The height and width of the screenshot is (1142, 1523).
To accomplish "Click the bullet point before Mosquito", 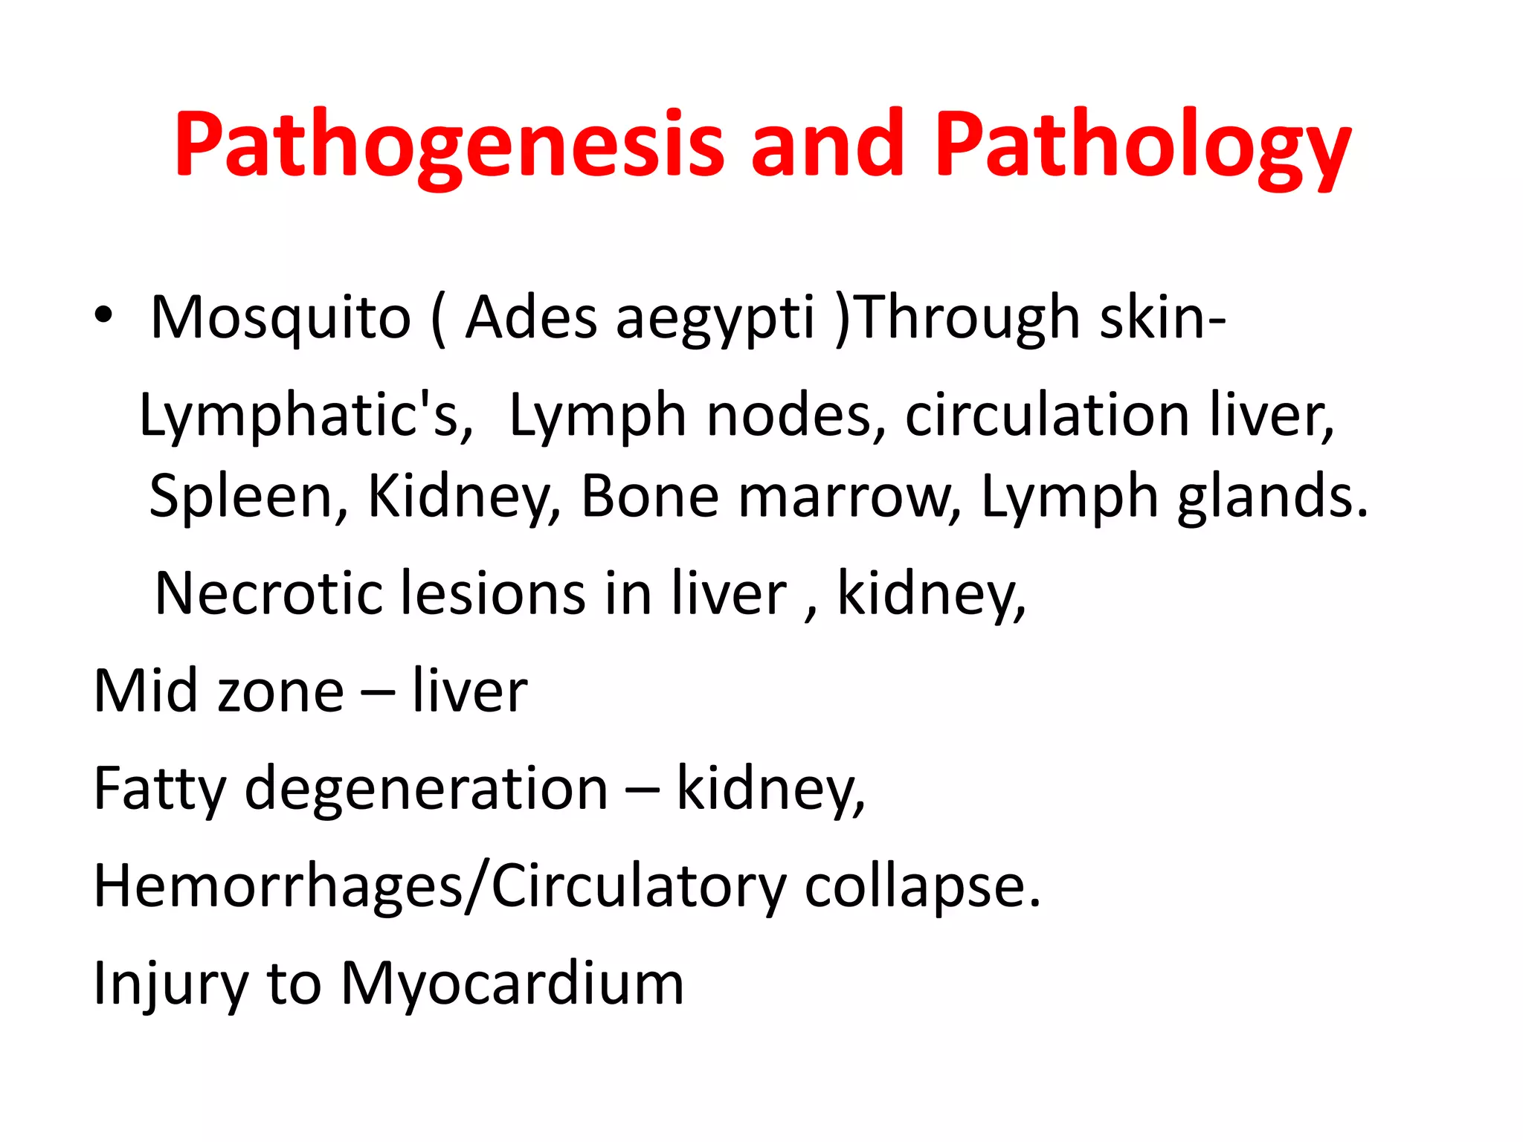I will (103, 316).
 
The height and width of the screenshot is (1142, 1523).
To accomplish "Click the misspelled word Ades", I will (531, 317).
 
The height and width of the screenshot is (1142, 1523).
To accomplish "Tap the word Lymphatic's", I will (306, 417).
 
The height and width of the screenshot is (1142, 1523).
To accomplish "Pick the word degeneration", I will (426, 790).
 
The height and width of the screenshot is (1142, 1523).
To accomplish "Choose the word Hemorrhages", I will (278, 887).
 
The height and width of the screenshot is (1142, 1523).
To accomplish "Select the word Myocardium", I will (512, 984).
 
